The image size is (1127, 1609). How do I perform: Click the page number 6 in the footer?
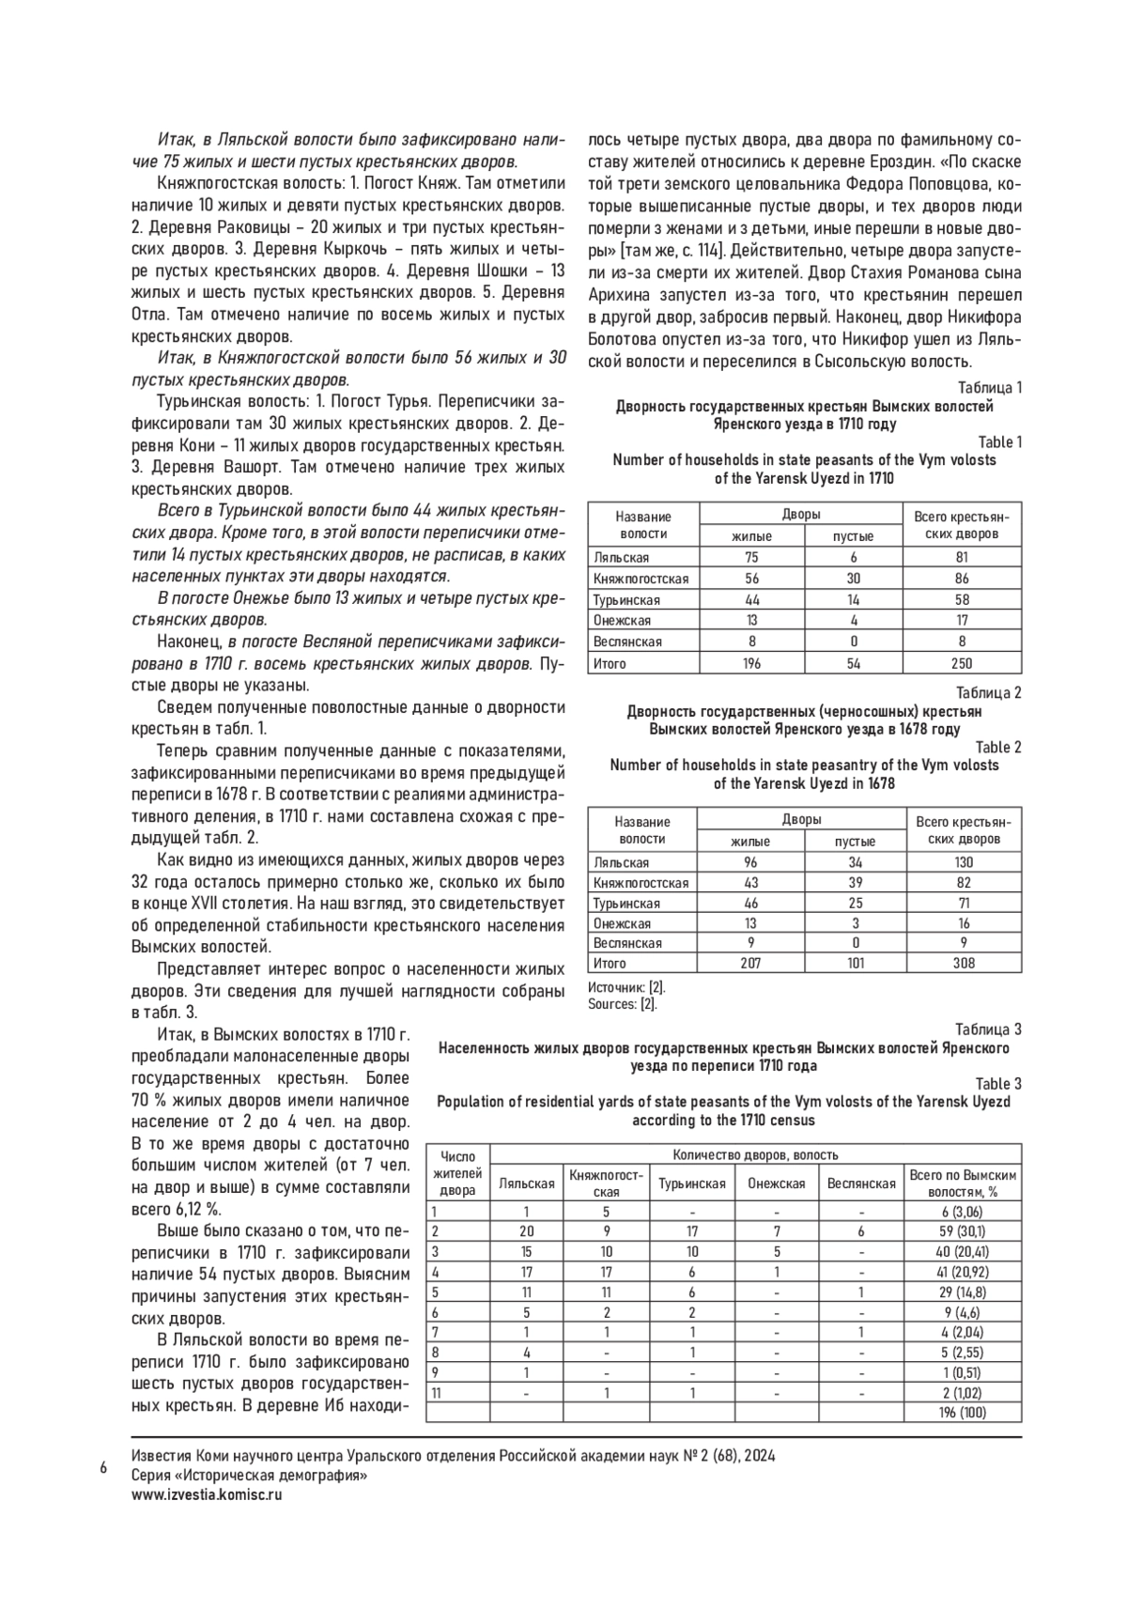102,1467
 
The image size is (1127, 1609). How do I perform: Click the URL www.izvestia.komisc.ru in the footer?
208,1495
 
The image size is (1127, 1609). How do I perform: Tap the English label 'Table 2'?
999,748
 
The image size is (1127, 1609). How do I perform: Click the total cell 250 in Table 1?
962,663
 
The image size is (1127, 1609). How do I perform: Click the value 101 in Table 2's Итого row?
855,963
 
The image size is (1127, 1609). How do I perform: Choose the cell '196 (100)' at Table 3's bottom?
962,1413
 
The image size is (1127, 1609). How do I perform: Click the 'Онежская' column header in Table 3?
776,1184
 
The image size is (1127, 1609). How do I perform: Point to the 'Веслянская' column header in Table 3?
860,1184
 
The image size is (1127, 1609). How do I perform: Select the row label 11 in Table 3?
436,1393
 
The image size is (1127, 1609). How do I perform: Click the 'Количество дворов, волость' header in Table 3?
755,1155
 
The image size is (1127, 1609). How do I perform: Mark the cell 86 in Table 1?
962,579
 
